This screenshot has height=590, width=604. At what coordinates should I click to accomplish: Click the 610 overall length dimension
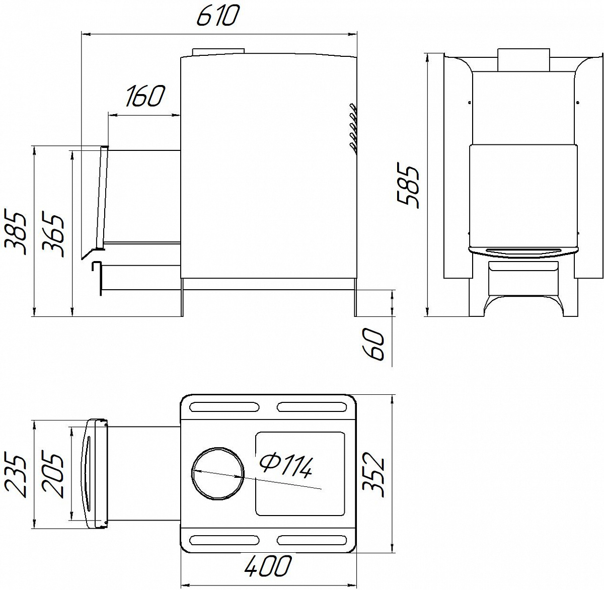[x=217, y=17]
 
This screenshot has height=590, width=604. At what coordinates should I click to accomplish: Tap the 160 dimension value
[x=144, y=97]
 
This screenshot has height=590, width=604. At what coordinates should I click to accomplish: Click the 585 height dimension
[x=408, y=184]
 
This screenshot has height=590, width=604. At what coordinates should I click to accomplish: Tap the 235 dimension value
[x=15, y=475]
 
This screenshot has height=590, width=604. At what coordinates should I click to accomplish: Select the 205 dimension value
[x=53, y=475]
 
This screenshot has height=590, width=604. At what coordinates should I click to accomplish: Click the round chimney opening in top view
[x=218, y=473]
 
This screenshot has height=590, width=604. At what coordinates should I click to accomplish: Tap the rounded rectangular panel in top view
[x=300, y=473]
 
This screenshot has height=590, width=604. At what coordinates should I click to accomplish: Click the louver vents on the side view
[x=353, y=128]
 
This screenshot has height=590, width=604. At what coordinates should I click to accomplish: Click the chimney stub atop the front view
[x=523, y=60]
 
